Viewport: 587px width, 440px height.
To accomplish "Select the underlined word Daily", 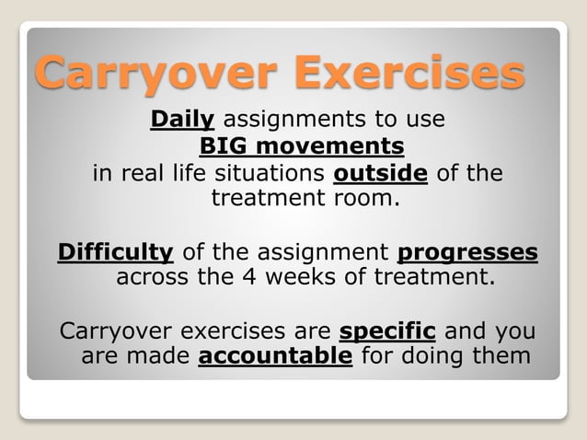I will click(x=182, y=120).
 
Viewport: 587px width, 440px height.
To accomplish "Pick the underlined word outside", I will click(x=381, y=174).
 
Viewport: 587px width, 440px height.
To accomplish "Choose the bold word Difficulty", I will click(x=115, y=252).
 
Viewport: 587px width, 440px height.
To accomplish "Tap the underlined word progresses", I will click(x=469, y=252).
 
